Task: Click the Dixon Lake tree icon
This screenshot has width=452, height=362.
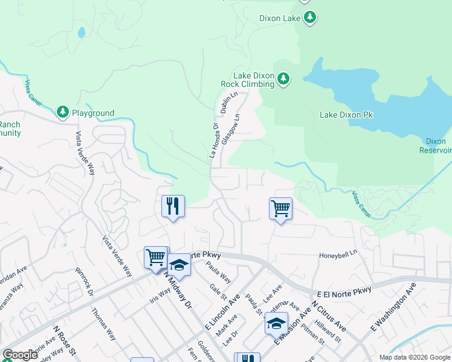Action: click(309, 17)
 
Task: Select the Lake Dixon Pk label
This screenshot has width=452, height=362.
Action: click(349, 115)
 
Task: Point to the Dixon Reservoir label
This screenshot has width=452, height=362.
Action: click(436, 145)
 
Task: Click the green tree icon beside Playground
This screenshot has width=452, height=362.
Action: click(62, 112)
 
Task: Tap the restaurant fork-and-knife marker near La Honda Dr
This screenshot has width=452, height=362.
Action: click(173, 206)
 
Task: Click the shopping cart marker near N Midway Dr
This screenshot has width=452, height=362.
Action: click(155, 258)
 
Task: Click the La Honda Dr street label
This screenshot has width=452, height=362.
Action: click(213, 141)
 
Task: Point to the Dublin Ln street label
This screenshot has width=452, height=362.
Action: click(226, 103)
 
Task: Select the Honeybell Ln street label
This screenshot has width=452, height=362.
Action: click(338, 256)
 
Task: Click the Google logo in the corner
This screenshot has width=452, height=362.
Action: click(19, 354)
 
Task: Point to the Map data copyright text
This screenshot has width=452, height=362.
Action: click(415, 357)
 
